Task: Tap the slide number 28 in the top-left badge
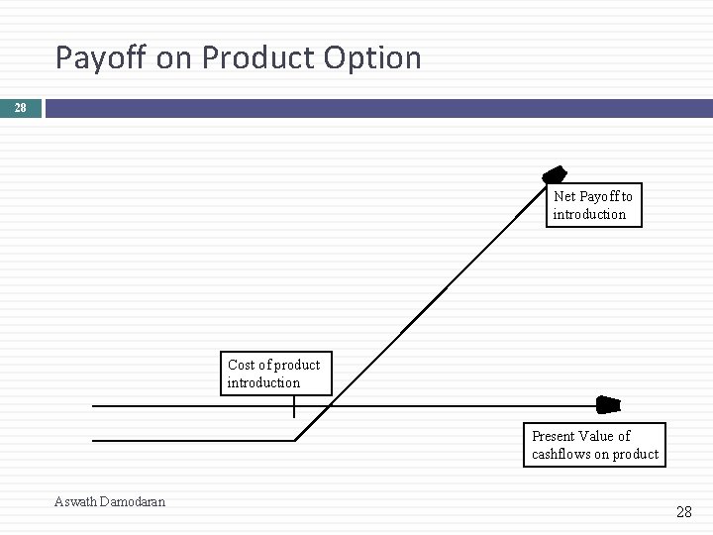coord(21,108)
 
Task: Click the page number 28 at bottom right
coord(683,512)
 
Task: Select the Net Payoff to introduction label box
coord(593,205)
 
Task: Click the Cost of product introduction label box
coord(275,374)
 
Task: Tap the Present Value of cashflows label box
coord(594,445)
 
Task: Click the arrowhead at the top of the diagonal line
coord(556,175)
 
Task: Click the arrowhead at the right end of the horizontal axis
coord(608,405)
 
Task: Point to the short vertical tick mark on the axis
coord(294,407)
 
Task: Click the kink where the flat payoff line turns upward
coord(296,440)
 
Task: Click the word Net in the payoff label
coord(564,197)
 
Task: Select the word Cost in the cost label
coord(242,365)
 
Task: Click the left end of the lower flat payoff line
coord(94,440)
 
